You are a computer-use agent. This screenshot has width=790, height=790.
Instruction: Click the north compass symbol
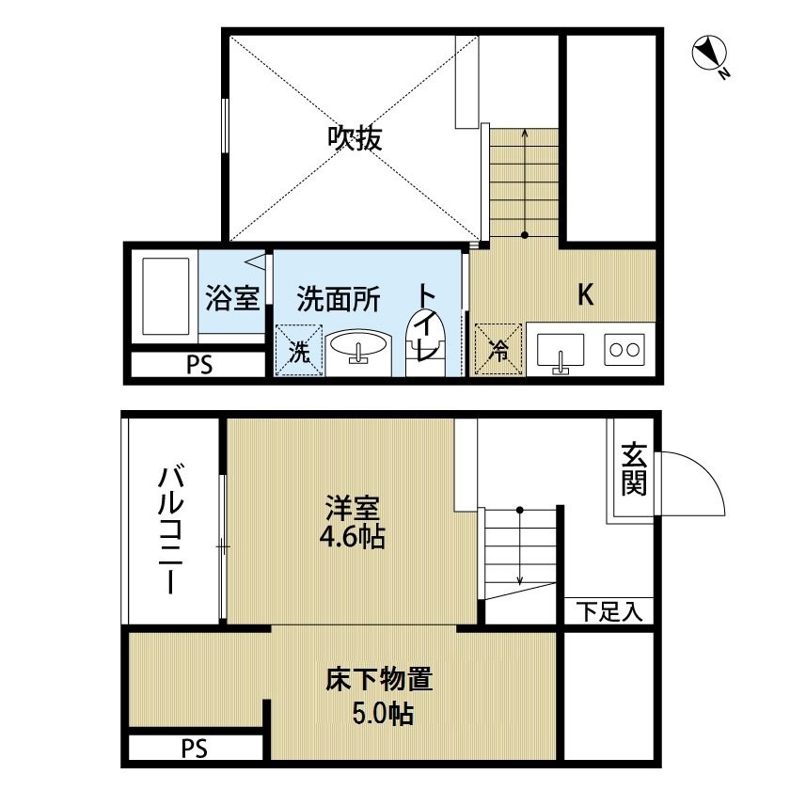709,54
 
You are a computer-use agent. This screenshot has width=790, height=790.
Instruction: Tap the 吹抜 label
355,137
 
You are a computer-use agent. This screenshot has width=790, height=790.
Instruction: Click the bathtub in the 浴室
166,296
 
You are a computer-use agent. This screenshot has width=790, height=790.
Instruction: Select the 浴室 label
232,298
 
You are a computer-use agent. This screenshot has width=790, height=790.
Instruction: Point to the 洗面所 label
338,299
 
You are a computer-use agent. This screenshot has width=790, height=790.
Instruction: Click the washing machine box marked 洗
299,350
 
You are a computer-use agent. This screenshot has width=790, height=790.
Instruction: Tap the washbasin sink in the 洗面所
357,348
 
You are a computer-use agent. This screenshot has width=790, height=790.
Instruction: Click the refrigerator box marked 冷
498,349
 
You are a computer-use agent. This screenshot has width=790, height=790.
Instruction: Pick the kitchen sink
561,350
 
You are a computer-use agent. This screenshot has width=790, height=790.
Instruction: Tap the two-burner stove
624,349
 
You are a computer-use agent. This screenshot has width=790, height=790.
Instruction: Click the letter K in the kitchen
585,294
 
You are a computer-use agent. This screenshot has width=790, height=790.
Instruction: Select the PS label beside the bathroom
199,365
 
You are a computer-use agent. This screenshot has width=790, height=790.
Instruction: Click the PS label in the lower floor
195,749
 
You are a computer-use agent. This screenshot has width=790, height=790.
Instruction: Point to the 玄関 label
633,469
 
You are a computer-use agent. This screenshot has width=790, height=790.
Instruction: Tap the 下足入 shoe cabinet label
609,611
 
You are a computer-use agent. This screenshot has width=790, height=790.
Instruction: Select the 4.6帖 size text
352,538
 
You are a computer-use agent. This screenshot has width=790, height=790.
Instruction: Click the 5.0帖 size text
383,714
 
